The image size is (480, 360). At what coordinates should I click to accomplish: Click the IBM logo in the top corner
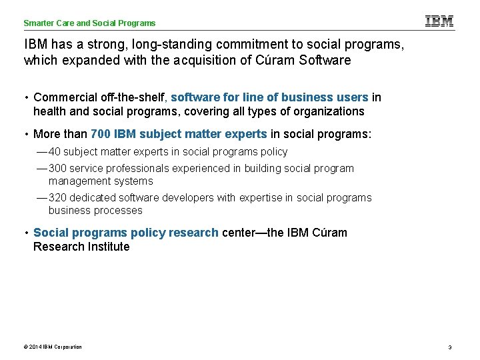coord(439,21)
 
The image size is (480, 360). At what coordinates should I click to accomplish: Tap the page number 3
coord(450,347)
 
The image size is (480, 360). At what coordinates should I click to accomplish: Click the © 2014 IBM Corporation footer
coord(53,347)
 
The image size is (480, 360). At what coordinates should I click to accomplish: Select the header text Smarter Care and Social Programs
coord(89,23)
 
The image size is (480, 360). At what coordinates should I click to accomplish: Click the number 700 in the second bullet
coord(101,134)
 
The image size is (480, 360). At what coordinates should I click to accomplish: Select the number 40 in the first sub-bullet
coord(55,152)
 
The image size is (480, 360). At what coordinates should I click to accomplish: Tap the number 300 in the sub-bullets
coord(58,169)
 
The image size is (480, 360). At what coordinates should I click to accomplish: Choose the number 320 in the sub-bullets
coord(58,198)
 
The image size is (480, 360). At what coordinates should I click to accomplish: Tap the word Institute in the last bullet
coord(109,247)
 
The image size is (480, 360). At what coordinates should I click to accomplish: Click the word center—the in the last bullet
coord(253,233)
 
